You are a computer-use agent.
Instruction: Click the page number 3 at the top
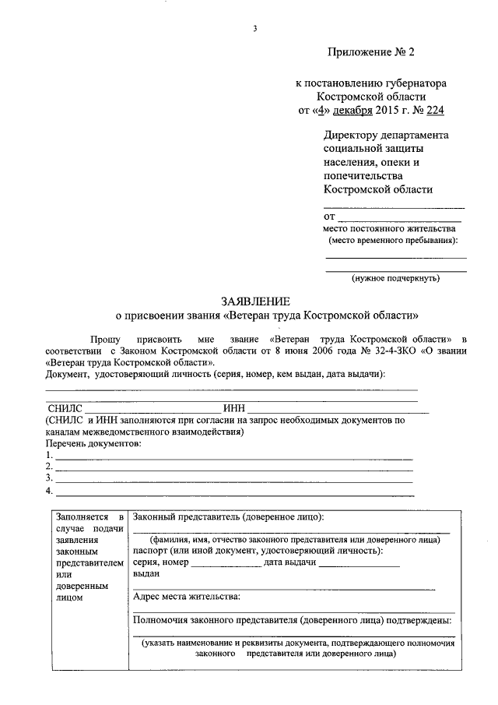pyautogui.click(x=254, y=30)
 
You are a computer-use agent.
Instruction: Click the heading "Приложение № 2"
pyautogui.click(x=371, y=53)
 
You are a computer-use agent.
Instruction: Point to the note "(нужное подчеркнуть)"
pyautogui.click(x=395, y=277)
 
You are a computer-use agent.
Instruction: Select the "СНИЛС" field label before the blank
pyautogui.click(x=65, y=407)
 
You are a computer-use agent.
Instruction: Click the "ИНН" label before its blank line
pyautogui.click(x=234, y=407)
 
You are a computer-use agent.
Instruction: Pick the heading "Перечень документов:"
pyautogui.click(x=94, y=442)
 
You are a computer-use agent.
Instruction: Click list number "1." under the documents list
pyautogui.click(x=50, y=455)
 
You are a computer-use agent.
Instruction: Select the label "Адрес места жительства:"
pyautogui.click(x=187, y=597)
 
